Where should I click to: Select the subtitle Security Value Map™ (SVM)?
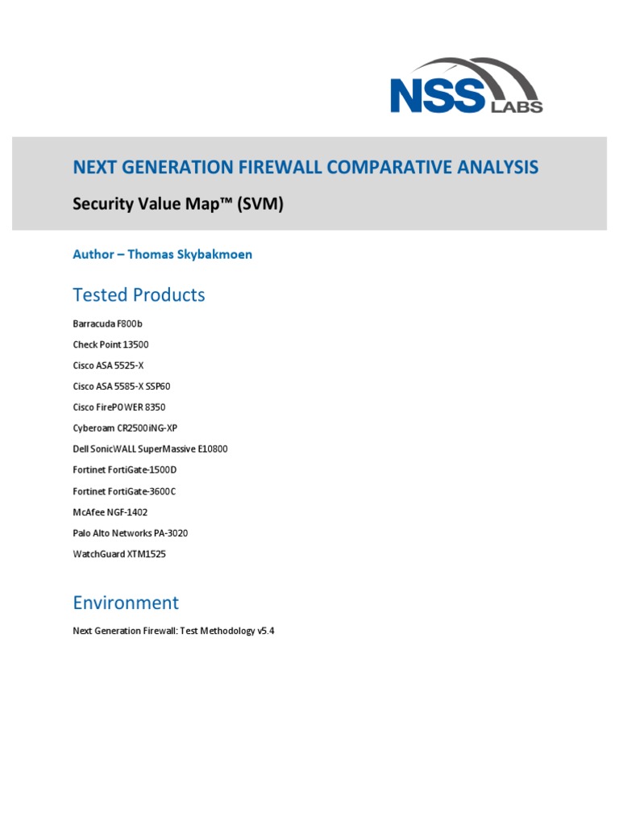pyautogui.click(x=178, y=205)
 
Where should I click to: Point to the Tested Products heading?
pyautogui.click(x=139, y=295)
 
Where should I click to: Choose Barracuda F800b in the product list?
pyautogui.click(x=108, y=323)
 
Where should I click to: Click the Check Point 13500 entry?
pyautogui.click(x=110, y=344)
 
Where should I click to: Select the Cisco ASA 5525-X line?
pyautogui.click(x=108, y=365)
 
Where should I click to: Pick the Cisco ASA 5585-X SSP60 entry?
pyautogui.click(x=122, y=386)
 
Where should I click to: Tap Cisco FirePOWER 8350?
pyautogui.click(x=119, y=407)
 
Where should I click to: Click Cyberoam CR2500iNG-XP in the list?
pyautogui.click(x=124, y=428)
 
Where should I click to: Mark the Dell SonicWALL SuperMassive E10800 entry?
pyautogui.click(x=150, y=449)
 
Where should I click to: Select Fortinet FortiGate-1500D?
pyautogui.click(x=124, y=470)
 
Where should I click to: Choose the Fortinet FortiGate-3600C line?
pyautogui.click(x=124, y=491)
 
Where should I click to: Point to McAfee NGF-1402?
pyautogui.click(x=110, y=512)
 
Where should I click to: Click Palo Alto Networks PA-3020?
pyautogui.click(x=131, y=533)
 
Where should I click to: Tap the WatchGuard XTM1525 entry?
pyautogui.click(x=119, y=554)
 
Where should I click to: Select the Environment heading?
pyautogui.click(x=126, y=603)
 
